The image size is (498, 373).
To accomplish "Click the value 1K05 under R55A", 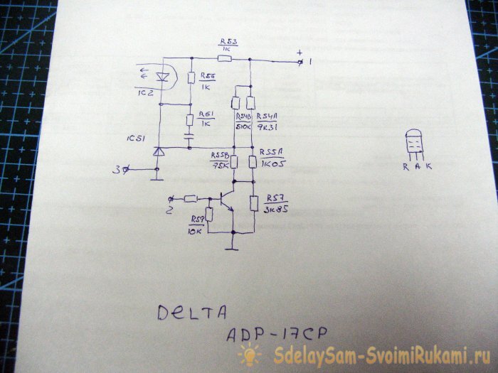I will coord(271,164).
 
